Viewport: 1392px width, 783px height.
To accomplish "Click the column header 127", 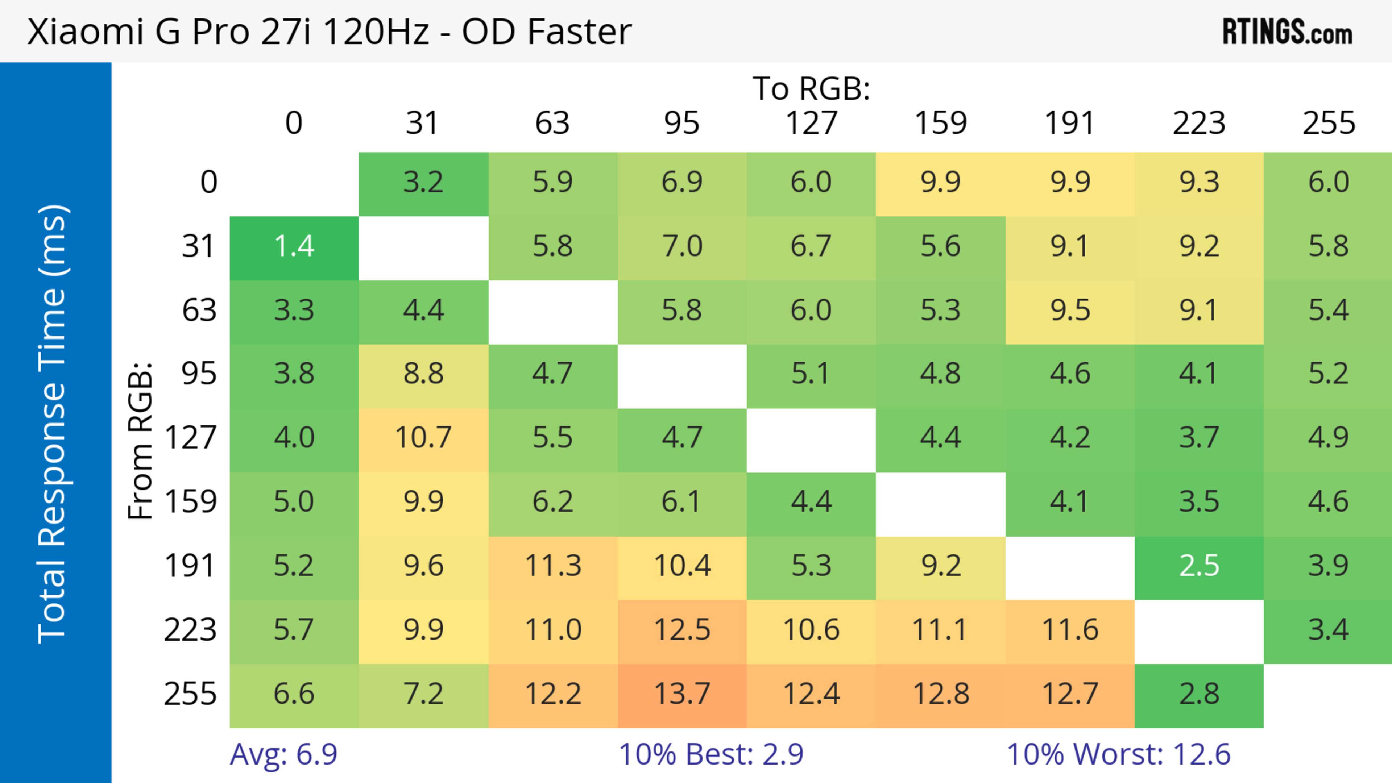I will click(811, 123).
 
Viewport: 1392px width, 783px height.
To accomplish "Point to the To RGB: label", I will click(811, 88).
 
